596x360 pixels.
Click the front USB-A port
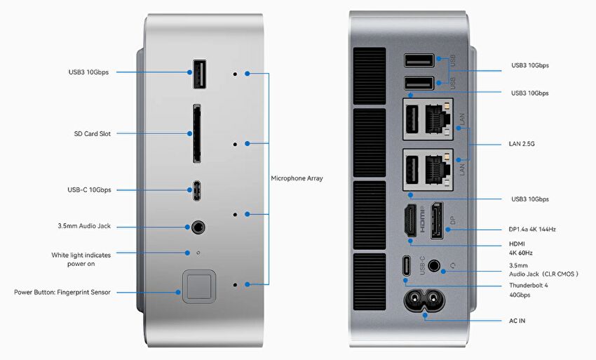(x=198, y=73)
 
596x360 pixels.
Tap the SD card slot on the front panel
(x=196, y=133)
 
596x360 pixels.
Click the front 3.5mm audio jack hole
(x=198, y=227)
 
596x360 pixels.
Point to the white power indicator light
(x=198, y=252)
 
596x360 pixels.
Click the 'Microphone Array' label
(x=297, y=178)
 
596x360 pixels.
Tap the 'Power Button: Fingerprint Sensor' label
(x=62, y=292)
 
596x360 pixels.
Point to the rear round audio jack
(x=435, y=267)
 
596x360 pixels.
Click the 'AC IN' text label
(x=517, y=321)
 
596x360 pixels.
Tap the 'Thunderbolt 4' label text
(x=527, y=286)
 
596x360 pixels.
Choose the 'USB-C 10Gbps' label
(x=90, y=189)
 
